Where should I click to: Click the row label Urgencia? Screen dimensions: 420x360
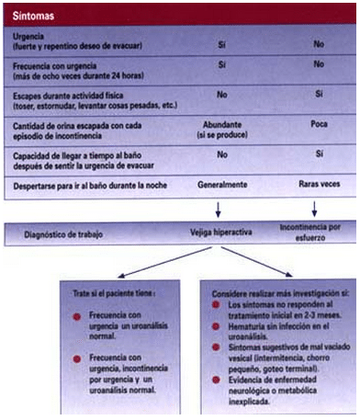coord(27,35)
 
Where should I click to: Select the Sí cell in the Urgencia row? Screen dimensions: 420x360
coord(221,42)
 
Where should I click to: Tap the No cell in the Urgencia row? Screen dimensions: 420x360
coord(319,42)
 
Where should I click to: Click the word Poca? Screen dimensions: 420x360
coord(320,124)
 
